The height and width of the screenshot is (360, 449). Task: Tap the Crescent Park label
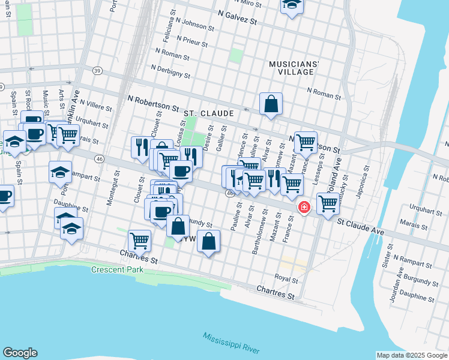click(x=117, y=269)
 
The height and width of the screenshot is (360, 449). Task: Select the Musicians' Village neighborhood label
click(x=294, y=68)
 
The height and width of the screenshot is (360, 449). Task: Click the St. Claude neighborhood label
click(x=207, y=113)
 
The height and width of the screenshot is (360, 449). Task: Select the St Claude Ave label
click(x=360, y=226)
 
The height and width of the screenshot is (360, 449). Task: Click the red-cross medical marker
click(x=304, y=207)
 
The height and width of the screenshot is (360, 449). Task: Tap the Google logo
click(x=20, y=353)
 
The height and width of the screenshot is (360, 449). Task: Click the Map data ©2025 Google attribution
click(x=411, y=355)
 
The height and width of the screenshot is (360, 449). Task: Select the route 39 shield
click(x=97, y=70)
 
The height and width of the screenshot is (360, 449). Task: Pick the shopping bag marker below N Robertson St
click(x=271, y=103)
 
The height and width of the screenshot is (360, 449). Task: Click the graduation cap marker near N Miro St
click(x=292, y=5)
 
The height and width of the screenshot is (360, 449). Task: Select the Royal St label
click(x=286, y=279)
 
